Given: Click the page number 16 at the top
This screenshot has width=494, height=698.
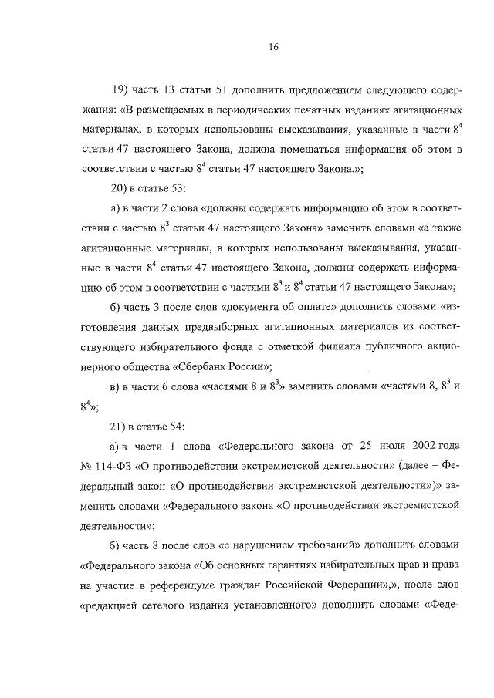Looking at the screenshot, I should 273,46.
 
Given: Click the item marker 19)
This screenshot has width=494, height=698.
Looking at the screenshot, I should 122,87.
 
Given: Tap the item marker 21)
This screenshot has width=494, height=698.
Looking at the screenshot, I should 122,427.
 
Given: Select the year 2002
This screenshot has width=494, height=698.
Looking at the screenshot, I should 411,447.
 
